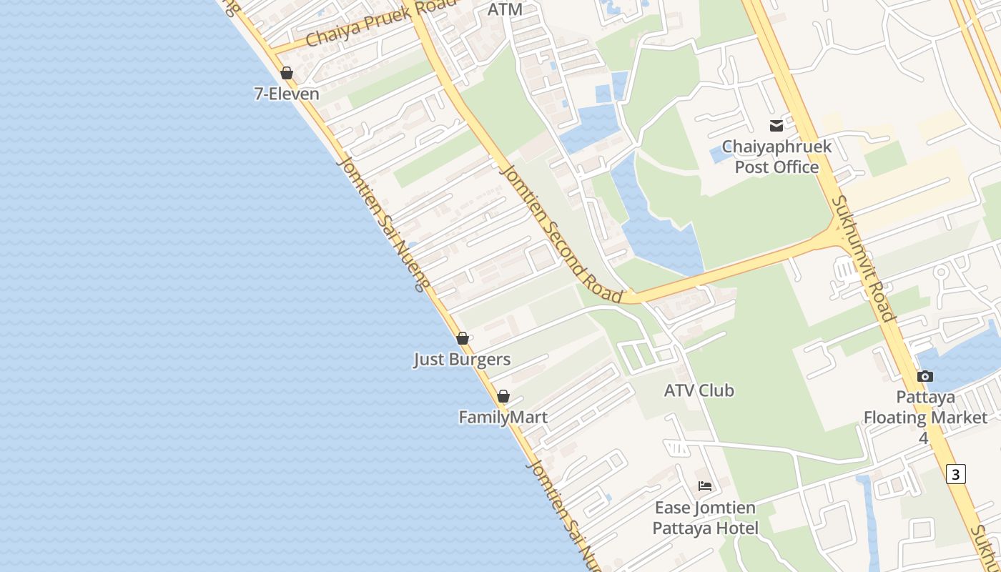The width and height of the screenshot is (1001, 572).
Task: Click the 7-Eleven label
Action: click(x=287, y=93)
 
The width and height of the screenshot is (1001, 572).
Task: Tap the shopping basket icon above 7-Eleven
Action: click(x=287, y=73)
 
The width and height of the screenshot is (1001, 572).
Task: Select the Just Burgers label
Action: click(x=462, y=359)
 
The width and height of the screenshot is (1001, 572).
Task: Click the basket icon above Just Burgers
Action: click(x=463, y=338)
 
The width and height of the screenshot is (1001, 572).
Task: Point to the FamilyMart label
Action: click(x=503, y=417)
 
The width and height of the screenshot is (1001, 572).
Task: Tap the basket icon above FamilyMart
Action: click(x=503, y=396)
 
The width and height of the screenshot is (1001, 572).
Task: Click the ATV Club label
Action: click(x=699, y=390)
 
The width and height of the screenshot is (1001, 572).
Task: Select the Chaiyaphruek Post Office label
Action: click(x=776, y=157)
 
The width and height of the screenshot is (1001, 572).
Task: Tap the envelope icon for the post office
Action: click(x=776, y=126)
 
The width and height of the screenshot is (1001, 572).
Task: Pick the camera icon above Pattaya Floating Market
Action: click(x=924, y=376)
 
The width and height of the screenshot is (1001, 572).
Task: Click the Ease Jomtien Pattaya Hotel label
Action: click(x=705, y=518)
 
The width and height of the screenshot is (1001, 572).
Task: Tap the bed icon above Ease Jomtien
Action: click(x=705, y=486)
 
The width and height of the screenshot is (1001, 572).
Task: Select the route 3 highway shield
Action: click(x=956, y=473)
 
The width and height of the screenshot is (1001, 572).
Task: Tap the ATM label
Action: click(x=505, y=9)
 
